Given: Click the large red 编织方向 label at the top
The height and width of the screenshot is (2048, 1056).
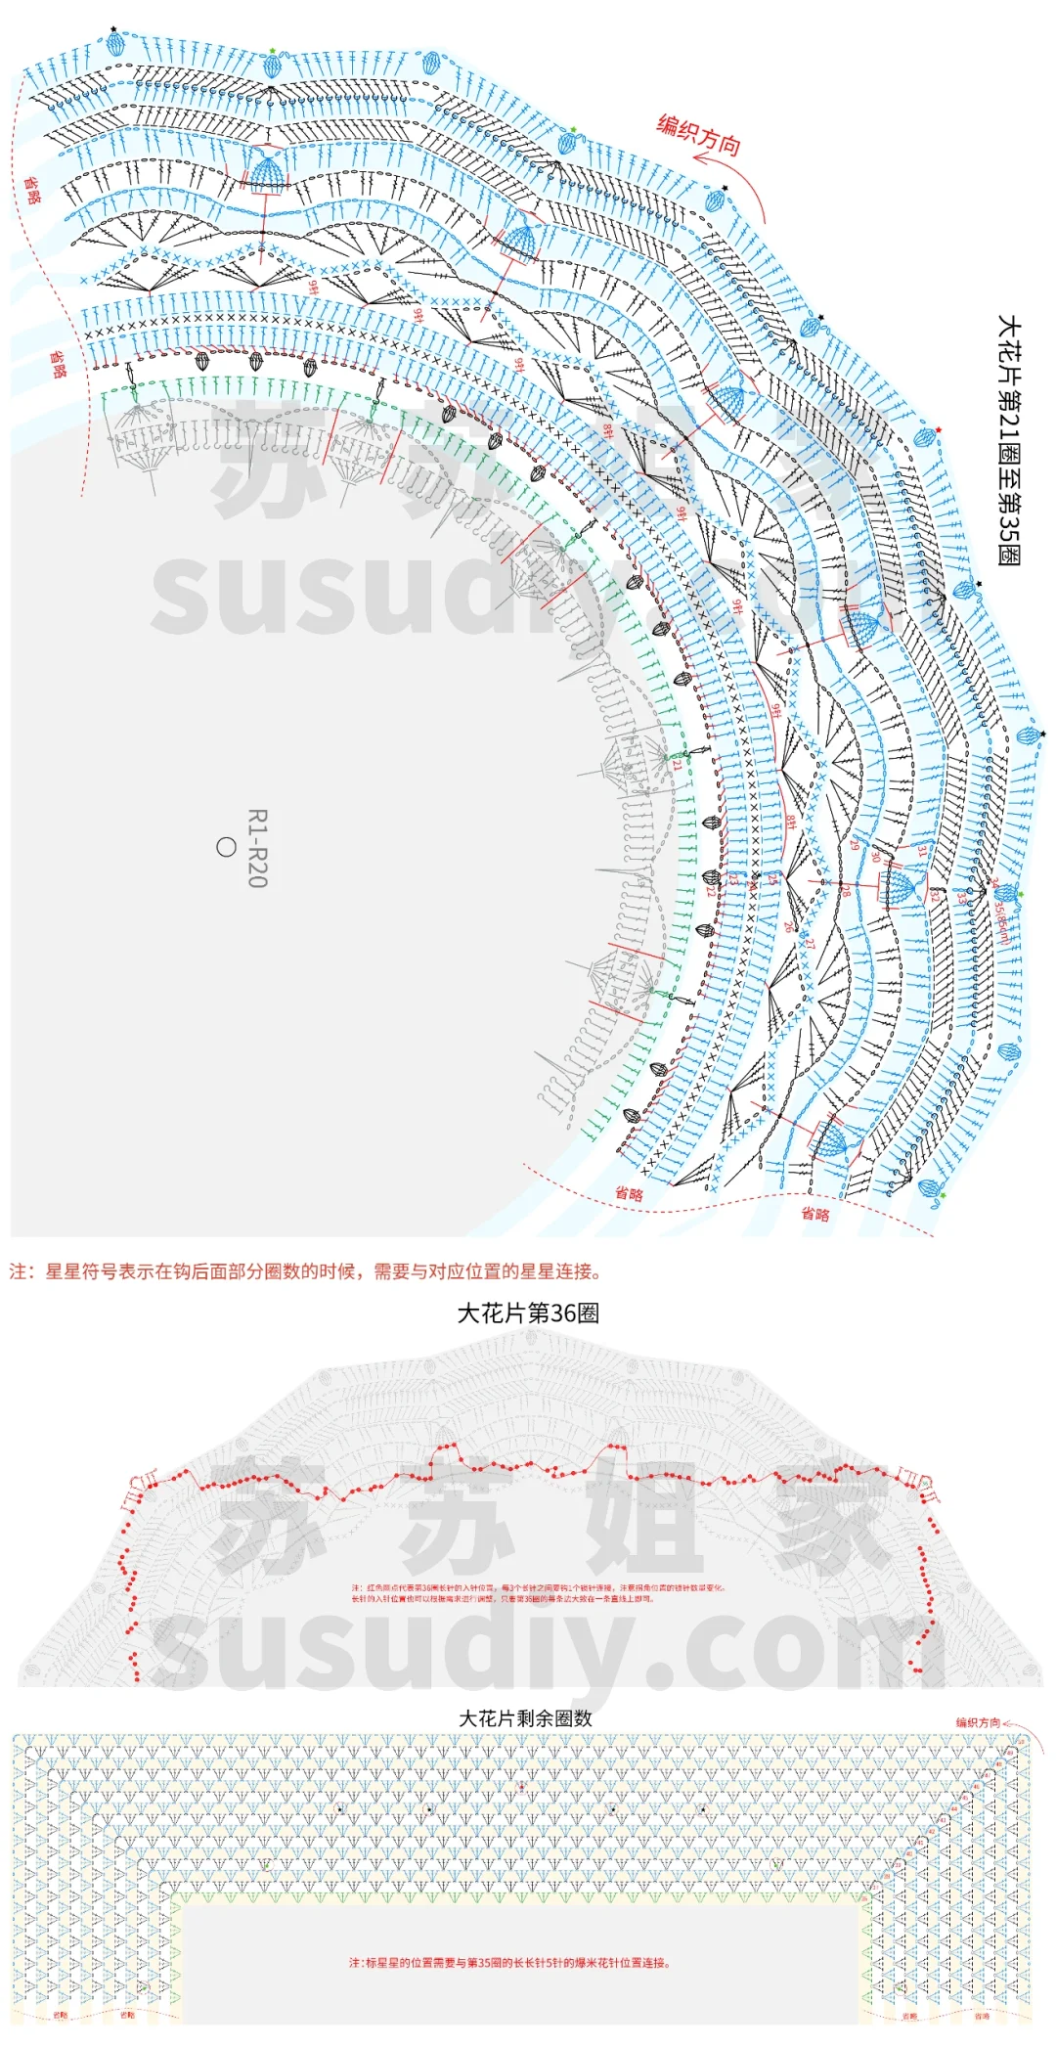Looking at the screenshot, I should point(698,134).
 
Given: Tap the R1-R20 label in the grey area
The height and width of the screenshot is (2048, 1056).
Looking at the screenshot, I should point(257,848).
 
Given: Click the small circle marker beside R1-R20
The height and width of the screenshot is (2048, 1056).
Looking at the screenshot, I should point(226,847).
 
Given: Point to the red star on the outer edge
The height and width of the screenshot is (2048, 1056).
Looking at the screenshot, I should point(939,429).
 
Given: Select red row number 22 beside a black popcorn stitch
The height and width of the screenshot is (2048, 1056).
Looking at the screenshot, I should point(710,891).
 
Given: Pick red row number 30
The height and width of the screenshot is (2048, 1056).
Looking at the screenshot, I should point(875,858).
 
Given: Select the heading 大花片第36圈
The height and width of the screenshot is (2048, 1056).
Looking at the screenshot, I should point(528,1313).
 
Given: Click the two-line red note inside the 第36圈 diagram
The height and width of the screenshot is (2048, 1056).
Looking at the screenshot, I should point(538,1593).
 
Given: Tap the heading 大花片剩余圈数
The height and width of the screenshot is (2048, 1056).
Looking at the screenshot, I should point(526,1718).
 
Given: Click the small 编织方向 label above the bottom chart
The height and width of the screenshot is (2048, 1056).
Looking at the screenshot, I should point(978,1722).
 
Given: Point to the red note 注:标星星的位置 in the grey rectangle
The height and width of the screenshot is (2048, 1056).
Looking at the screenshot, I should point(509,1963).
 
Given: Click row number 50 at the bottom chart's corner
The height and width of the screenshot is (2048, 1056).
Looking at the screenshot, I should point(1021,1742).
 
